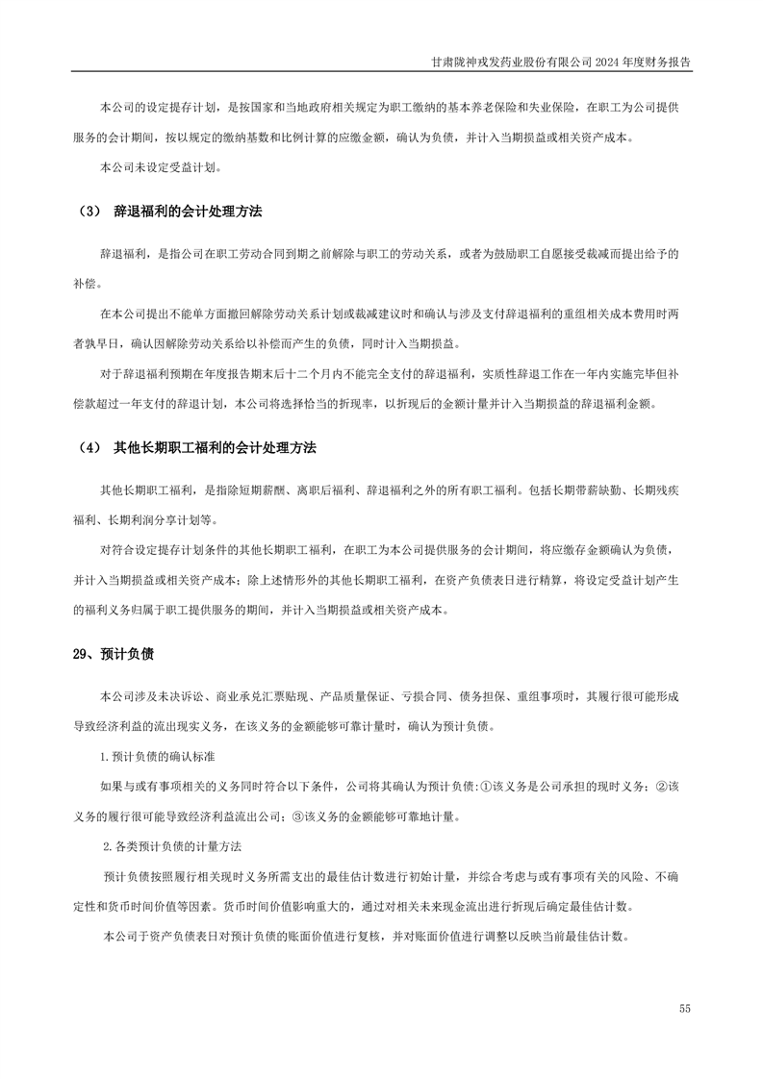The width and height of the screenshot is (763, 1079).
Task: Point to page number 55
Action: click(684, 1008)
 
